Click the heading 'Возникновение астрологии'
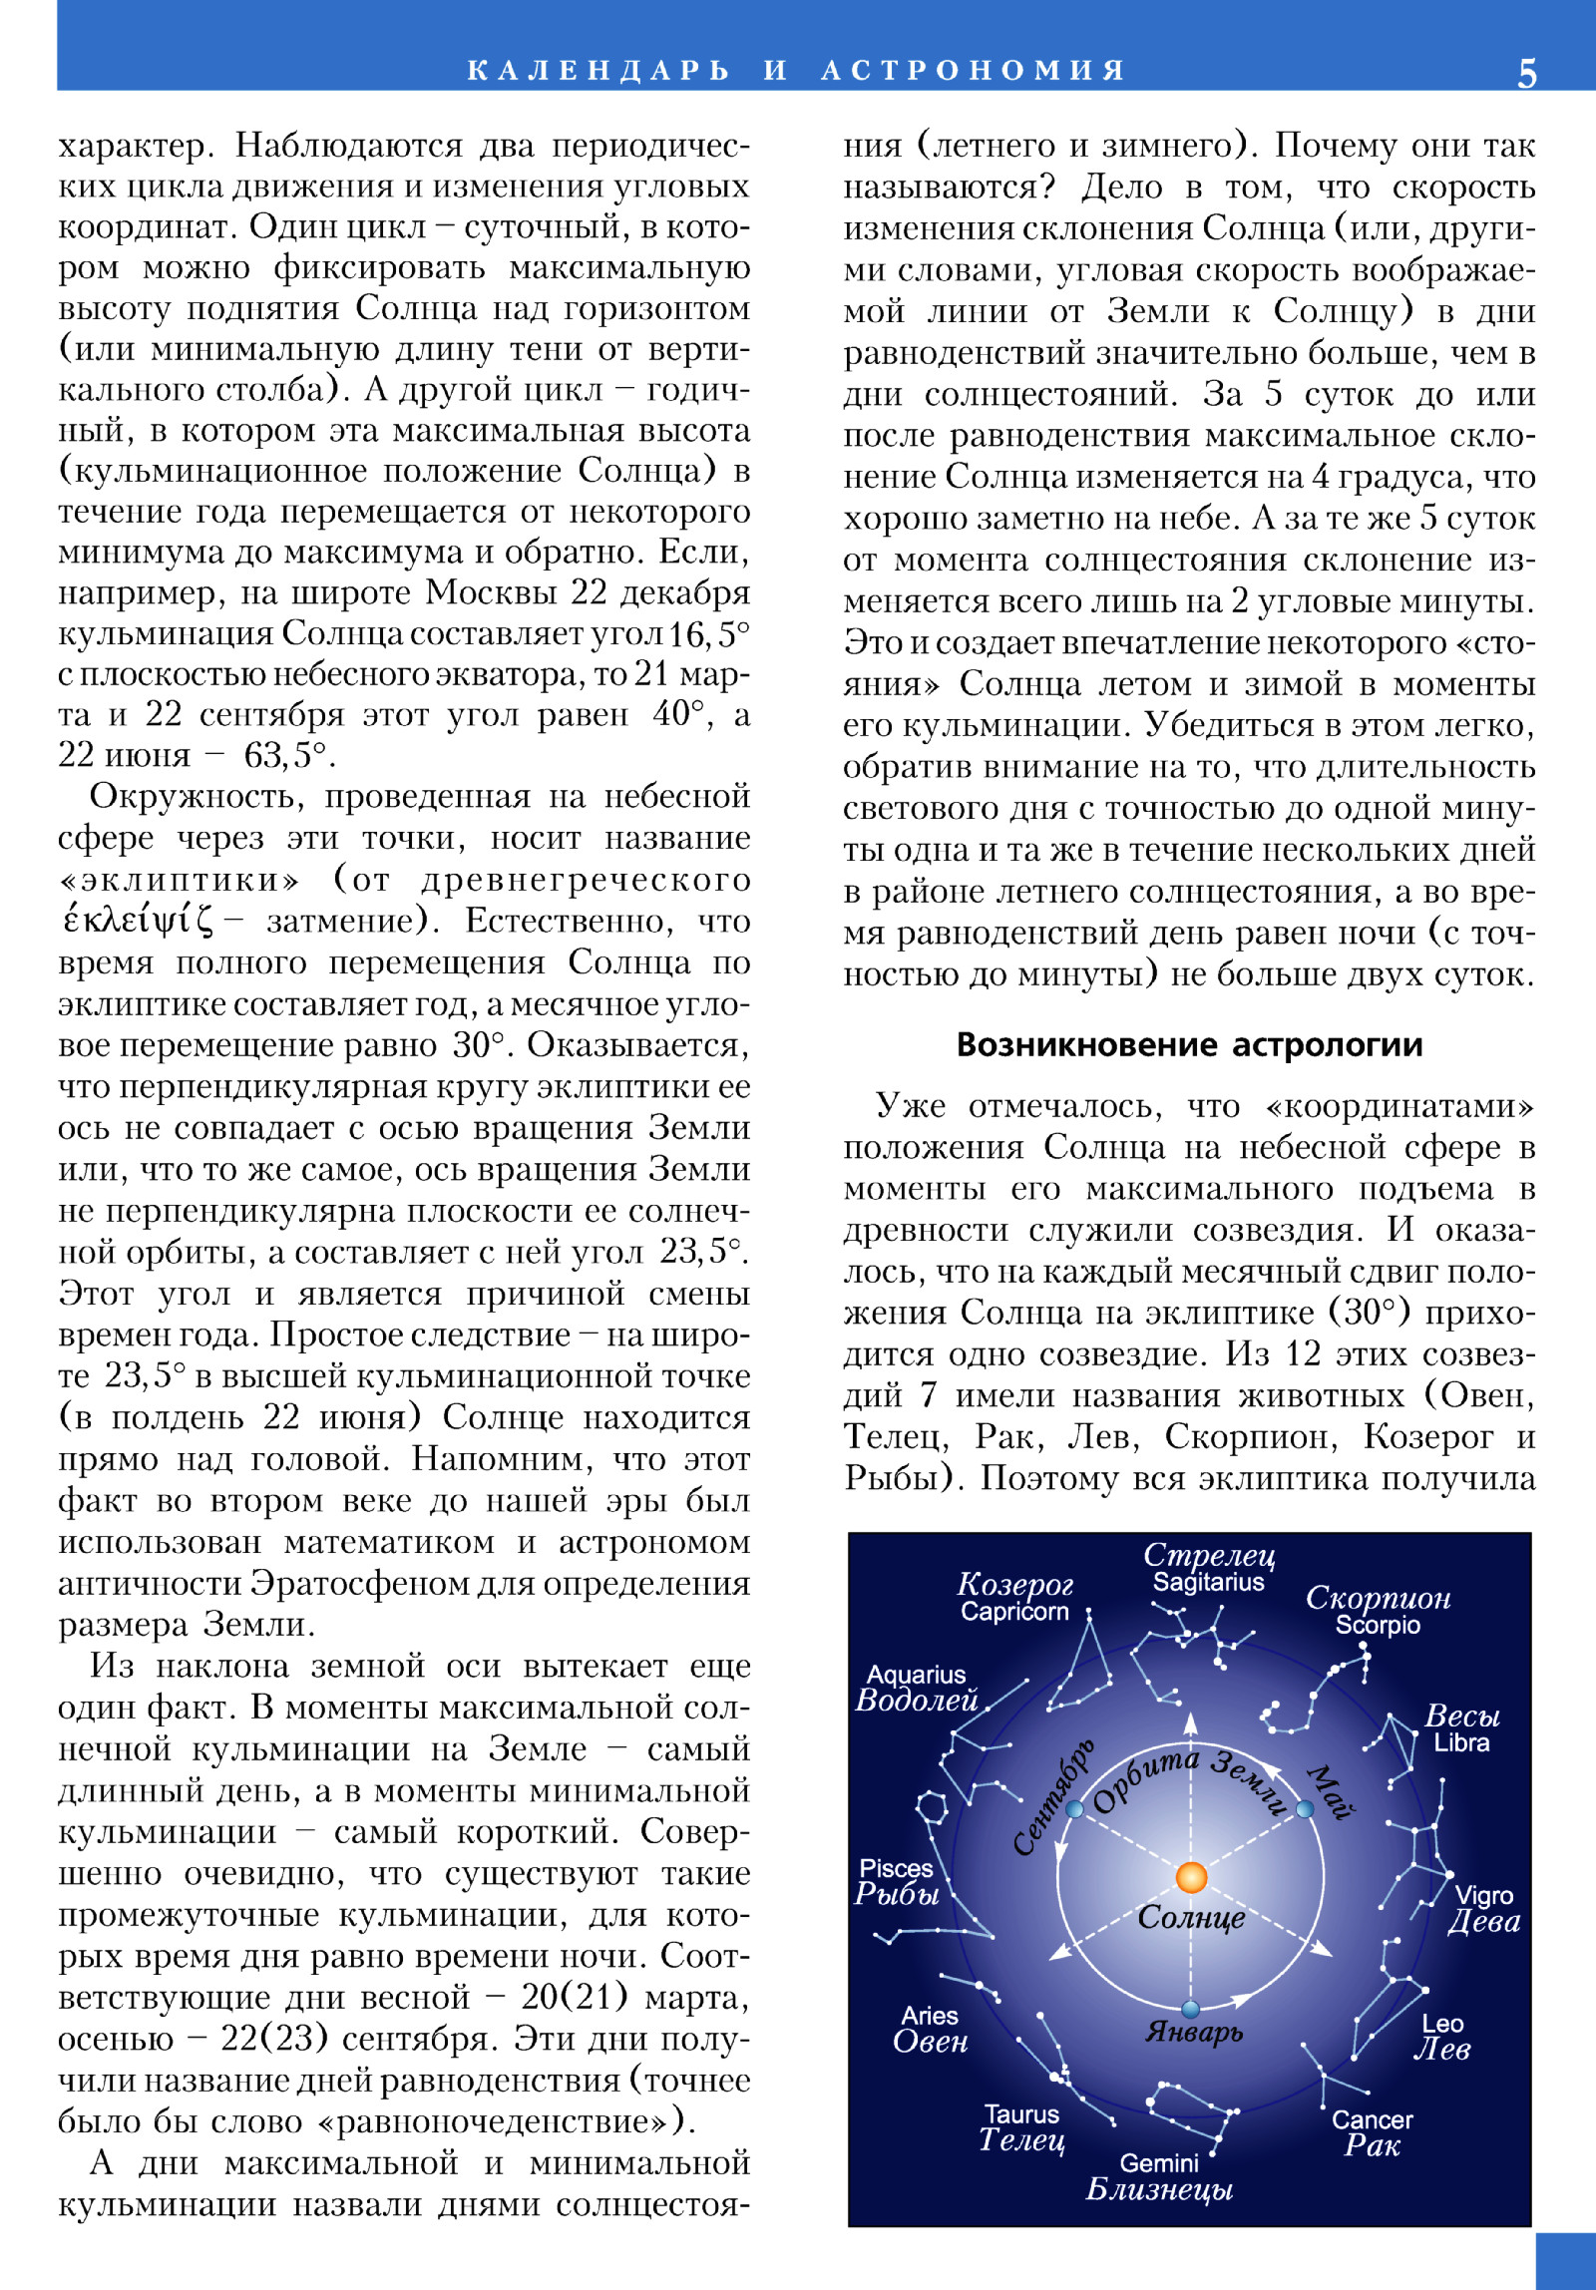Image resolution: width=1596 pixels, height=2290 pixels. click(1189, 1044)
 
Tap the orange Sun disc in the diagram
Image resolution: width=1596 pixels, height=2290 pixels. click(1191, 1877)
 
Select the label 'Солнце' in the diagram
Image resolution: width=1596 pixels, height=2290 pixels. click(1191, 1917)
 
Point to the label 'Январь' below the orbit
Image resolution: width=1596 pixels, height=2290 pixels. click(1194, 2032)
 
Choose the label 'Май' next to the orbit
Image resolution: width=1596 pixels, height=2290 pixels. click(1330, 1791)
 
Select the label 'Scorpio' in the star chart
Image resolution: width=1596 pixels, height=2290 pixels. click(1378, 1626)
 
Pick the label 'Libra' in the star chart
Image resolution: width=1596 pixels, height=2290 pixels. click(1461, 1742)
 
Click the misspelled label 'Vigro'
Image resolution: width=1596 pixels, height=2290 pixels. click(1483, 1895)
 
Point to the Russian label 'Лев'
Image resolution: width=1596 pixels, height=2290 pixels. click(1442, 2049)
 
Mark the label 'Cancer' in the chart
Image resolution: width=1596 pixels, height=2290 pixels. click(1373, 2119)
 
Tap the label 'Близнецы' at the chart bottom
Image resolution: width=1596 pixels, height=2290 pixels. click(1159, 2189)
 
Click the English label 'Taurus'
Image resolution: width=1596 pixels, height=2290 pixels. click(1021, 2113)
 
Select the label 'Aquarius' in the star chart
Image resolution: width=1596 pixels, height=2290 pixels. click(916, 1675)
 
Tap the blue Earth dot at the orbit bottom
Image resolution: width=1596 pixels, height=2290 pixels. click(1190, 2009)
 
